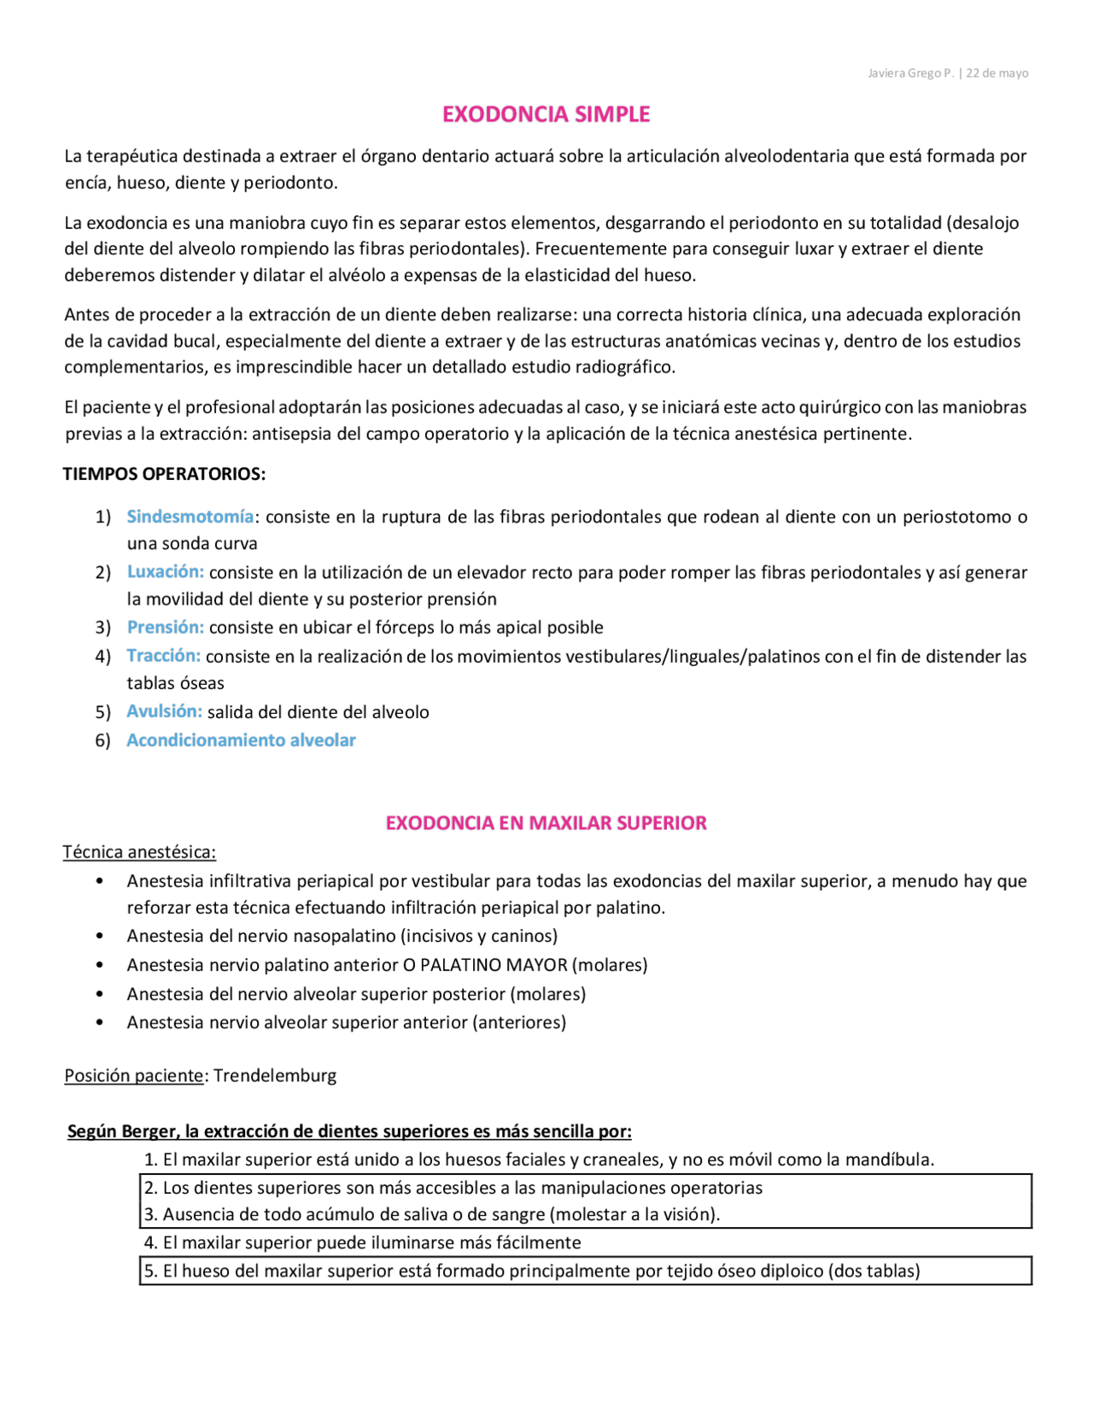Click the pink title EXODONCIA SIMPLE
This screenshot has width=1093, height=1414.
546,114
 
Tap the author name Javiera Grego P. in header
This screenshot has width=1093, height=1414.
910,73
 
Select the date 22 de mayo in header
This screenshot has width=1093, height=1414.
997,73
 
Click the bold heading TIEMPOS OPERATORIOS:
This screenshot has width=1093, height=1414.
164,474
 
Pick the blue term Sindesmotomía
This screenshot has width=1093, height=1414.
190,517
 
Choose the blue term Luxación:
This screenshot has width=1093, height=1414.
166,572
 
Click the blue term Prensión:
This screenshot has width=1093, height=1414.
166,628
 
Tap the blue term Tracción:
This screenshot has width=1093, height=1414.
164,656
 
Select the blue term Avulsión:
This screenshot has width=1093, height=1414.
165,711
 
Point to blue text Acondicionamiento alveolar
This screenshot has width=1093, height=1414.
241,740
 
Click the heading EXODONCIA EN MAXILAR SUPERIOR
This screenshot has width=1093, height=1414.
546,823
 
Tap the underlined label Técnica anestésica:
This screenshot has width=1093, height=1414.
139,852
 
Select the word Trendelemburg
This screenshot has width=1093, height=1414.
275,1076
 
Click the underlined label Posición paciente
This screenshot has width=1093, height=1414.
134,1076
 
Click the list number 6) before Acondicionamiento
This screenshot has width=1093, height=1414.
103,741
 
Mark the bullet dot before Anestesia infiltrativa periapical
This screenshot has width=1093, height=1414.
100,881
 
